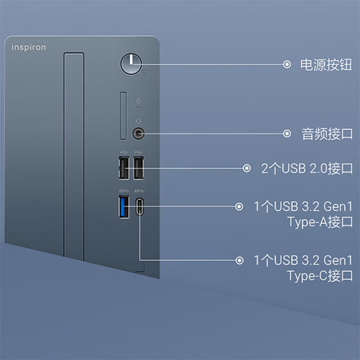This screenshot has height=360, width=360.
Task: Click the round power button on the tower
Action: (x=131, y=64)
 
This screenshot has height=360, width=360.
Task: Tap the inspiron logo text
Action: (x=29, y=47)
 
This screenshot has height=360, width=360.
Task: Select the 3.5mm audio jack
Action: (x=139, y=133)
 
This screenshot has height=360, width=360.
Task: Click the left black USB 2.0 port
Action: (x=124, y=168)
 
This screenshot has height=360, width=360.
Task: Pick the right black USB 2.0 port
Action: (x=139, y=168)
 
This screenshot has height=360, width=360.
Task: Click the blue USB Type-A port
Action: (x=124, y=207)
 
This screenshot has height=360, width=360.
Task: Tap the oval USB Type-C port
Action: (x=139, y=207)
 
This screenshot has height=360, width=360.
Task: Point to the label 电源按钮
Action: (x=326, y=64)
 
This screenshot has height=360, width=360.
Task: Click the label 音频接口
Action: (x=327, y=134)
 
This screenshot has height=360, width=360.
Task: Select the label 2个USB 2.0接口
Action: (x=307, y=168)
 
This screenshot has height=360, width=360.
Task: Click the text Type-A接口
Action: (x=320, y=222)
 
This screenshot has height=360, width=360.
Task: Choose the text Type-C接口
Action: (x=320, y=276)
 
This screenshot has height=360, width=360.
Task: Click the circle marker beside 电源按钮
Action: (x=287, y=64)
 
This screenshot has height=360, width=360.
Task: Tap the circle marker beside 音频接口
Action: (x=287, y=133)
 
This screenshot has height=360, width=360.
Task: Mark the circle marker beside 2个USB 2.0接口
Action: (x=247, y=168)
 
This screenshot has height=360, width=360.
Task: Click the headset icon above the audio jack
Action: (x=138, y=121)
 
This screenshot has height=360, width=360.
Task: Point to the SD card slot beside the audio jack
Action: (x=123, y=116)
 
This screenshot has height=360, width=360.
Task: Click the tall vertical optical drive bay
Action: (x=74, y=157)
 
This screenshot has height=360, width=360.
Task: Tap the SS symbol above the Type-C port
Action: (x=139, y=191)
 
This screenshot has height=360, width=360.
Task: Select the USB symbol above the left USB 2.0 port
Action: (x=124, y=152)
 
